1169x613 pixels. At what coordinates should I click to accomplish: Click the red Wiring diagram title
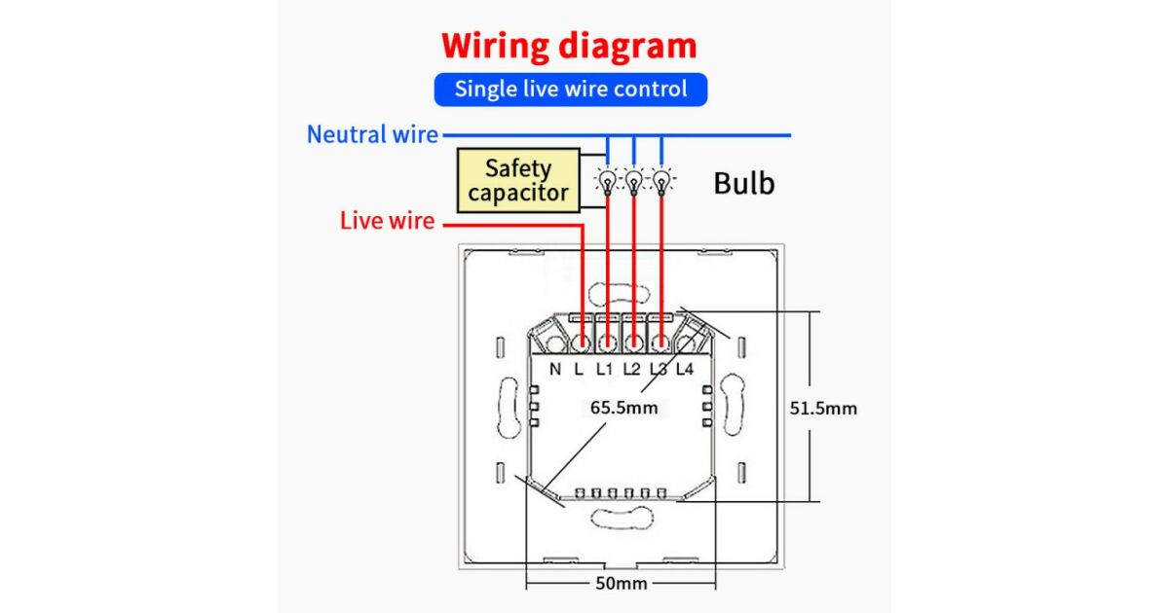point(569,46)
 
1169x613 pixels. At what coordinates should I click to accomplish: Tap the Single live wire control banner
point(570,90)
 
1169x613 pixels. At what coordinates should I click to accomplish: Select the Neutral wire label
point(372,134)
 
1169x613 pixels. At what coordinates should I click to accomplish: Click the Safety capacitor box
point(517,180)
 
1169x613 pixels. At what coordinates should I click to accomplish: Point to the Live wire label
point(387,221)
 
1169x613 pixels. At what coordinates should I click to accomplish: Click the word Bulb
point(744,183)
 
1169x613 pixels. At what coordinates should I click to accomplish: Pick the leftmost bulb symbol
point(608,181)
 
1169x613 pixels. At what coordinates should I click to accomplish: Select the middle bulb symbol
point(634,181)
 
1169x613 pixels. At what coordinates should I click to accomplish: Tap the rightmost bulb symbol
point(661,181)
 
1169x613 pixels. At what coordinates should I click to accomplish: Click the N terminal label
point(555,369)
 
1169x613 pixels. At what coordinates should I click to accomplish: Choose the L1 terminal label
point(605,369)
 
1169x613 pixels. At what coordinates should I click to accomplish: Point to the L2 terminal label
point(631,369)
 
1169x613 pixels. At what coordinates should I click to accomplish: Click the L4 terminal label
point(684,369)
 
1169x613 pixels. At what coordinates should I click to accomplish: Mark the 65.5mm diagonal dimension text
point(623,408)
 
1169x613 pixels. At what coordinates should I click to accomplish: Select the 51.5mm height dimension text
point(823,408)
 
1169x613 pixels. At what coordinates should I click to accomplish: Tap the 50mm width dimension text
point(620,584)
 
